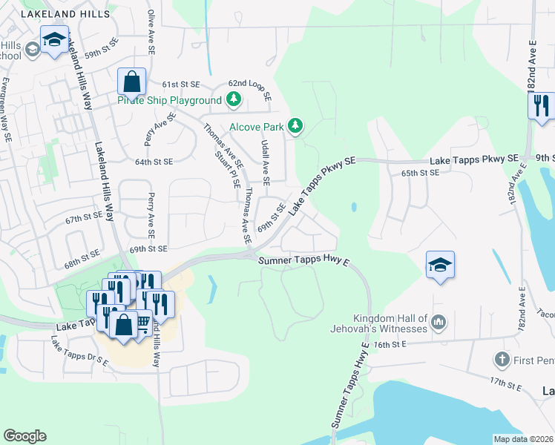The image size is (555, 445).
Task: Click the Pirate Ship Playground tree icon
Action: [234, 99]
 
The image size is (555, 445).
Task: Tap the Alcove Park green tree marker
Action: [295, 127]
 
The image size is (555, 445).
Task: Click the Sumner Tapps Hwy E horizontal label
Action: [303, 260]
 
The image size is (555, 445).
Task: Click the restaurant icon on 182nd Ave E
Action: [541, 105]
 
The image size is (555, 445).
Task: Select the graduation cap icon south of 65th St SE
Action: [440, 266]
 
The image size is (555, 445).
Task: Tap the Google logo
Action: [24, 436]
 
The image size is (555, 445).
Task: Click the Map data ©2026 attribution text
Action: [524, 439]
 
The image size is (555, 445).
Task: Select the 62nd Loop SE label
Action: [250, 89]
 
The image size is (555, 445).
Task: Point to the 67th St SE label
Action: [83, 218]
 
